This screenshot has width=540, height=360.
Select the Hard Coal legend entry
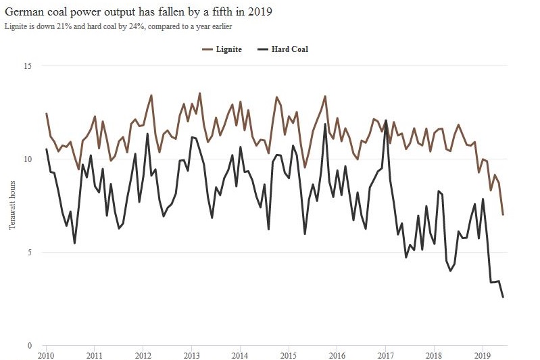(289, 49)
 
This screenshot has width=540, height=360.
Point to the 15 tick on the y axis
(28, 66)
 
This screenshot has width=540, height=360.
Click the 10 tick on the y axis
(28, 159)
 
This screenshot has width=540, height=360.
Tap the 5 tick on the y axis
(29, 253)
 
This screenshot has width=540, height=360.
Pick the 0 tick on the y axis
(29, 346)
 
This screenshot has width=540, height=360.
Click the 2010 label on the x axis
(46, 355)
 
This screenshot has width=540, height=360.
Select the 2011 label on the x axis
(95, 355)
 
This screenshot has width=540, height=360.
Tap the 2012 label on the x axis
(143, 355)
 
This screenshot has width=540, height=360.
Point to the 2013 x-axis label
(191, 355)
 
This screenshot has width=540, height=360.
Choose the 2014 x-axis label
(240, 355)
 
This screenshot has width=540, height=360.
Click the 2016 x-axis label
(337, 355)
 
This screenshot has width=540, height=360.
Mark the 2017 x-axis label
(385, 355)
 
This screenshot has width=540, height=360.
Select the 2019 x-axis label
(483, 355)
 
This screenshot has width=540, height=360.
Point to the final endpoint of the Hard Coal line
(503, 297)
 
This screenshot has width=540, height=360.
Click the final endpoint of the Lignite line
(503, 215)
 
